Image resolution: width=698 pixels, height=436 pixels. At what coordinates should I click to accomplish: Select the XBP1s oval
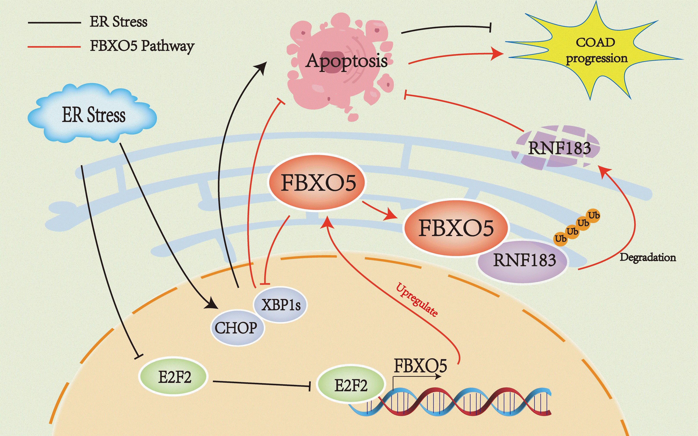point(280,304)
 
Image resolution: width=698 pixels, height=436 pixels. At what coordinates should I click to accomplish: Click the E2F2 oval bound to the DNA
point(351,385)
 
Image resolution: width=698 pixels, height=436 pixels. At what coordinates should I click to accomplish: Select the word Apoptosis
point(346,61)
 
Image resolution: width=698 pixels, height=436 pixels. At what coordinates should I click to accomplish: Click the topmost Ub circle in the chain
point(594,215)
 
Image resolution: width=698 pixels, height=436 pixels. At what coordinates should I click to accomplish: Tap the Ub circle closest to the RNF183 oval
point(561,239)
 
